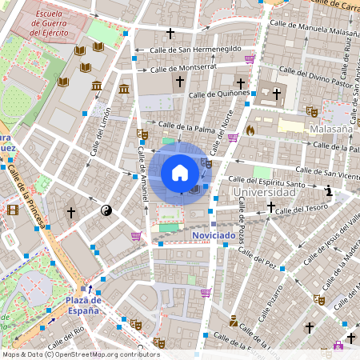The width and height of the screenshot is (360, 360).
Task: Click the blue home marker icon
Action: (180, 173)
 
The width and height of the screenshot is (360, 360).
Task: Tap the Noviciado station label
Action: (214, 236)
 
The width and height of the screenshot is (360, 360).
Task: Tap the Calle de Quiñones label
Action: (218, 93)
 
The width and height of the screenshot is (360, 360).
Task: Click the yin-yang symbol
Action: (106, 211)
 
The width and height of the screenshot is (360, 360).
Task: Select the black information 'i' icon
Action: (329, 191)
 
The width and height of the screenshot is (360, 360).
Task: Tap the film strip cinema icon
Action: (12, 210)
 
